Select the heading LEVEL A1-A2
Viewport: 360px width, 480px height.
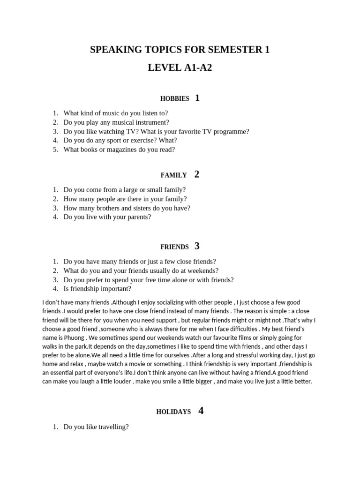coord(180,67)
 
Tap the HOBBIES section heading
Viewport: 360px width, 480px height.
coord(174,99)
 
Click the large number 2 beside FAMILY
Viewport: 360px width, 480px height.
coord(197,174)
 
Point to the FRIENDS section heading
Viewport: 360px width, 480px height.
coord(174,247)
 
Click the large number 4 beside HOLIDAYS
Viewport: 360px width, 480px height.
coord(201,411)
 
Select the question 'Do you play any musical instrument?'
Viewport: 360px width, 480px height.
coord(116,122)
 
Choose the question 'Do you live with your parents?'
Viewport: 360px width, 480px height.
coord(107,217)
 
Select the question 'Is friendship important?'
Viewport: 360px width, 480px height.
coord(97,289)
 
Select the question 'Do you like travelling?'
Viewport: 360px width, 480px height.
coord(96,427)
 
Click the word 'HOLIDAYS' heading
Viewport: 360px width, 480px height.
coord(173,412)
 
